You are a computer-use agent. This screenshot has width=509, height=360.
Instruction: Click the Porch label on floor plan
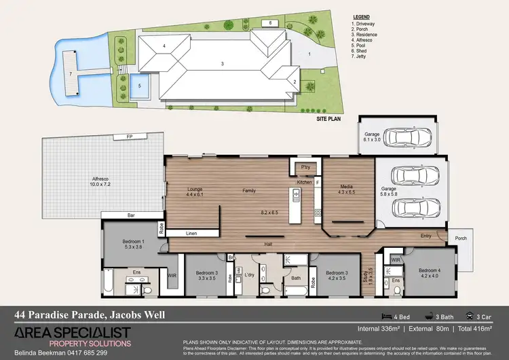click(461, 238)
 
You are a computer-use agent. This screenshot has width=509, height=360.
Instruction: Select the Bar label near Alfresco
click(132, 217)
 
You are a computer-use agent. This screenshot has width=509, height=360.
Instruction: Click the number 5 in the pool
click(139, 87)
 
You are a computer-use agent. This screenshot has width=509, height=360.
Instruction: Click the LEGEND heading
click(362, 16)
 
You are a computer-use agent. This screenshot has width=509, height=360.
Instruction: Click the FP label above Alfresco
click(129, 137)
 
